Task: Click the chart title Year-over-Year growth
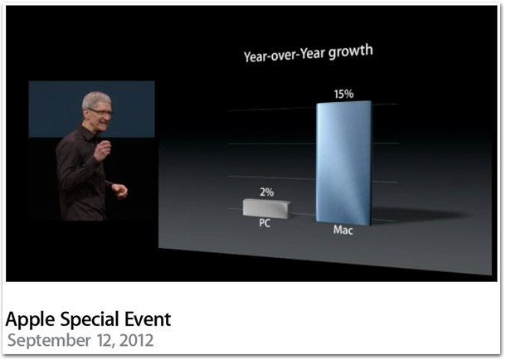pyautogui.click(x=309, y=53)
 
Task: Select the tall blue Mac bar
pyautogui.click(x=343, y=163)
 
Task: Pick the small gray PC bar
pyautogui.click(x=266, y=209)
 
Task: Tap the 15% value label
pyautogui.click(x=343, y=95)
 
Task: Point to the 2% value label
pyautogui.click(x=267, y=192)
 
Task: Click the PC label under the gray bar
pyautogui.click(x=265, y=223)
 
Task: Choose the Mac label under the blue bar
pyautogui.click(x=343, y=230)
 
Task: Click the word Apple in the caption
pyautogui.click(x=31, y=320)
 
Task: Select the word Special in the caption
pyautogui.click(x=90, y=320)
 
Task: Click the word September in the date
pyautogui.click(x=49, y=341)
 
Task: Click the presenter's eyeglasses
pyautogui.click(x=100, y=112)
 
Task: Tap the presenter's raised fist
pyautogui.click(x=103, y=150)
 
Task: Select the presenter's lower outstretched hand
pyautogui.click(x=120, y=190)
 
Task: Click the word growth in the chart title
pyautogui.click(x=351, y=51)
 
